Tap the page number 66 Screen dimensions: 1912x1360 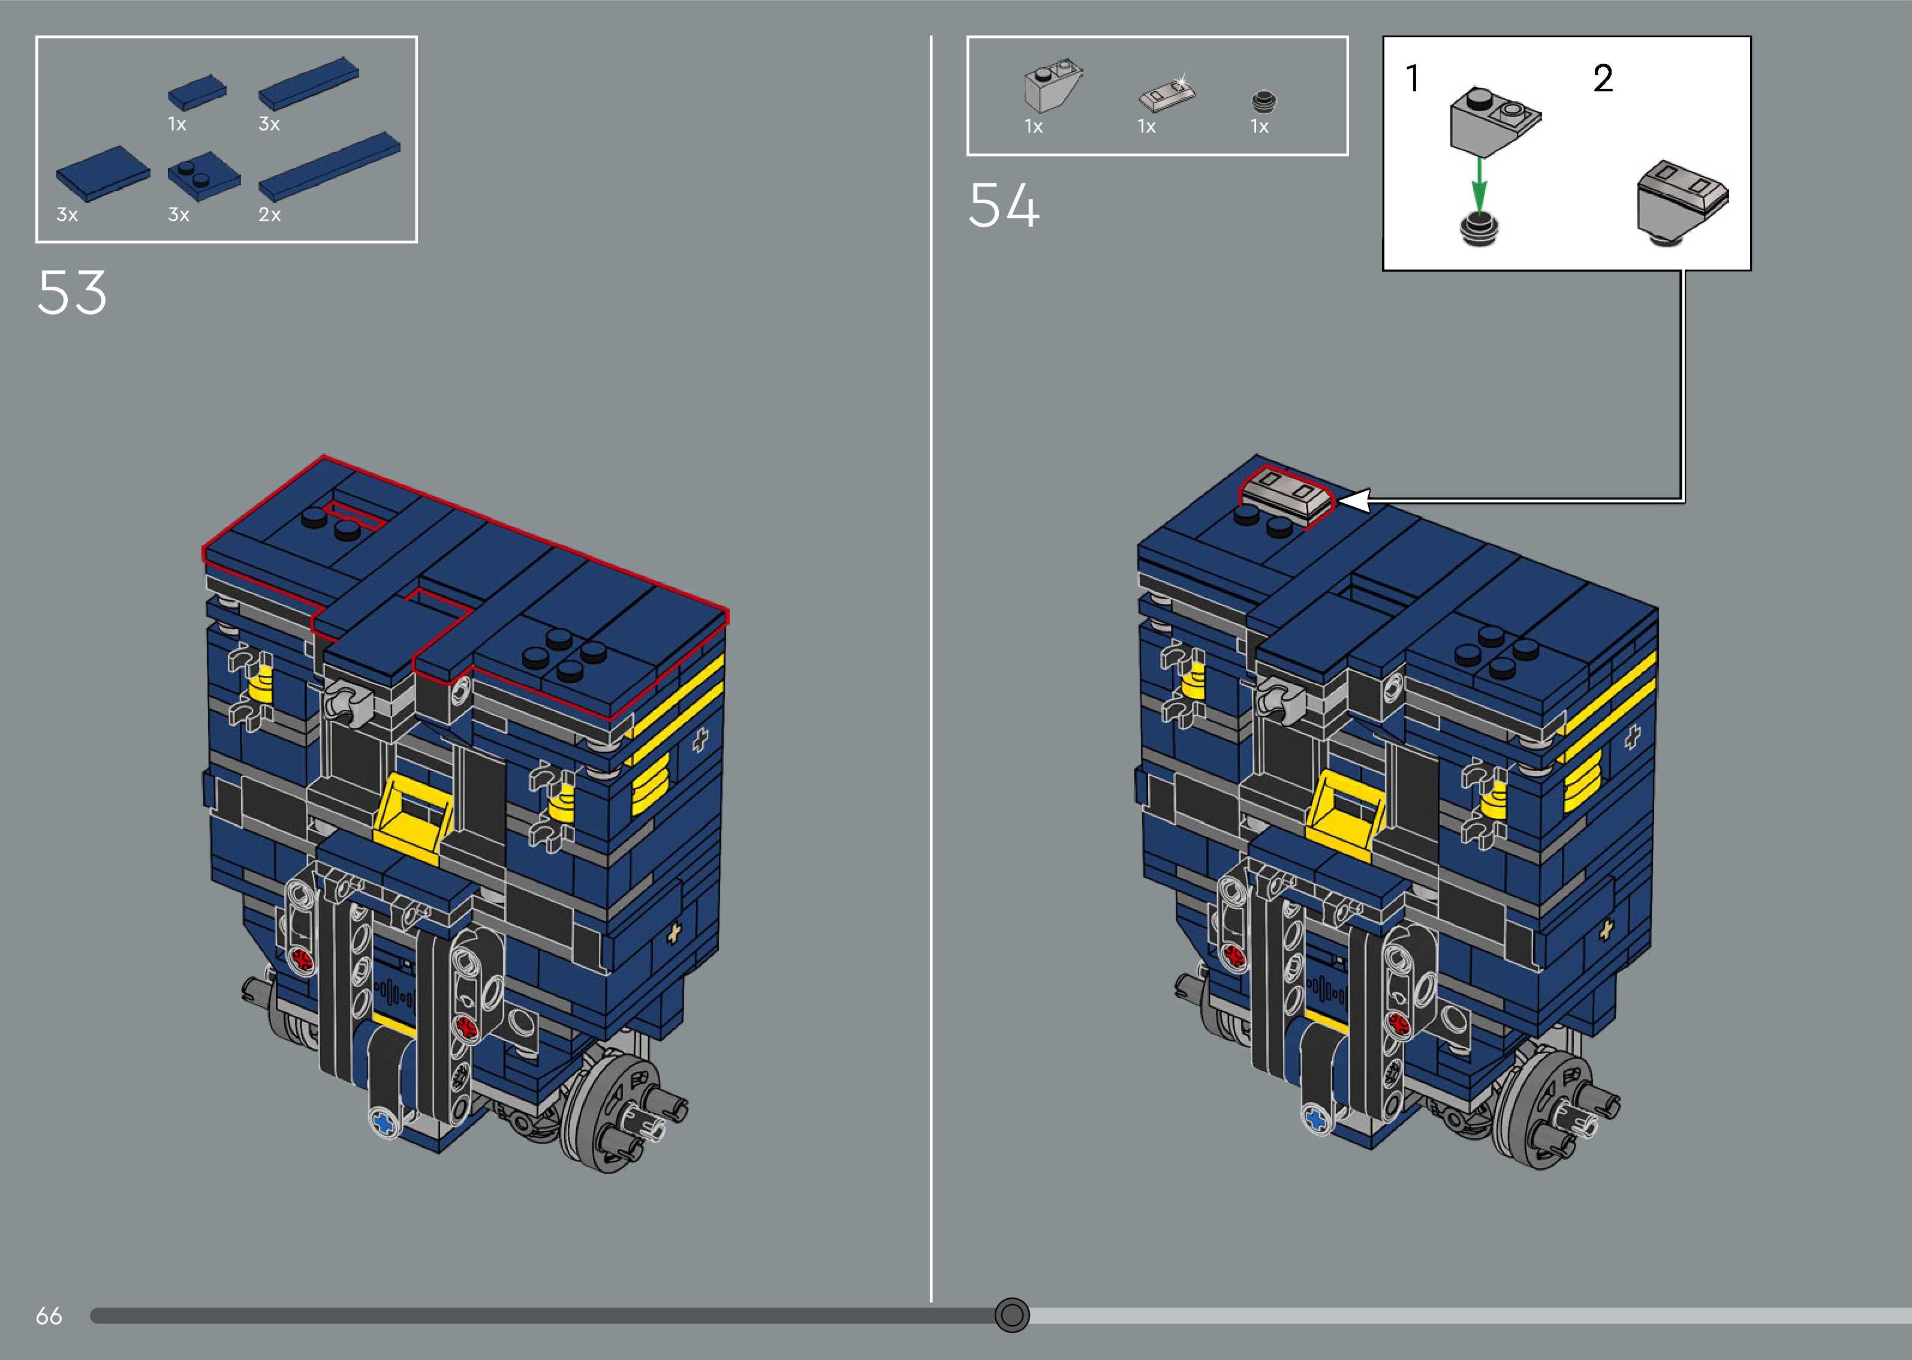tap(49, 1316)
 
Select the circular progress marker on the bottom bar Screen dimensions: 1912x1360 tap(1011, 1315)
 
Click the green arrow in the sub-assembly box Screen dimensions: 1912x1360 tap(1479, 186)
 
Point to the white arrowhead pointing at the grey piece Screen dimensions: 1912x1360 tap(1354, 501)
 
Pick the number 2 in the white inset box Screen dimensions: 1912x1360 tap(1602, 79)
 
